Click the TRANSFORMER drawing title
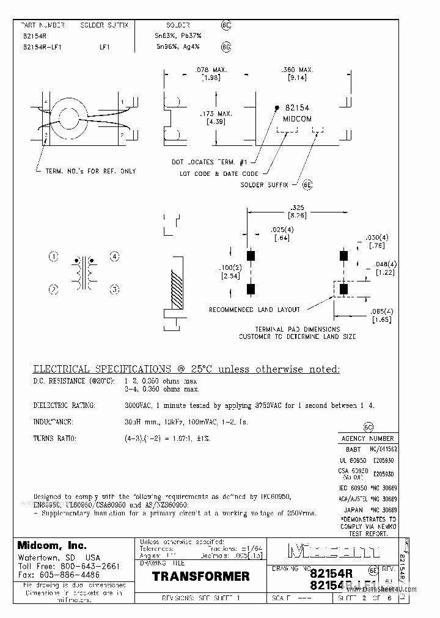pyautogui.click(x=200, y=576)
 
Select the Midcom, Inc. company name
pyautogui.click(x=52, y=545)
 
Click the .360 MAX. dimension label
pyautogui.click(x=297, y=70)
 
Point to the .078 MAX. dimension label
pyautogui.click(x=211, y=70)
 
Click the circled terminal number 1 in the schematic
pyautogui.click(x=53, y=256)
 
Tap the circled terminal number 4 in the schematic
pyautogui.click(x=114, y=256)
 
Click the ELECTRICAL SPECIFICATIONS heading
pyautogui.click(x=100, y=369)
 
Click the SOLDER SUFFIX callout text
pyautogui.click(x=261, y=184)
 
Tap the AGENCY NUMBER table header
pyautogui.click(x=367, y=438)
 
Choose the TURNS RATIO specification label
pyautogui.click(x=54, y=438)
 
